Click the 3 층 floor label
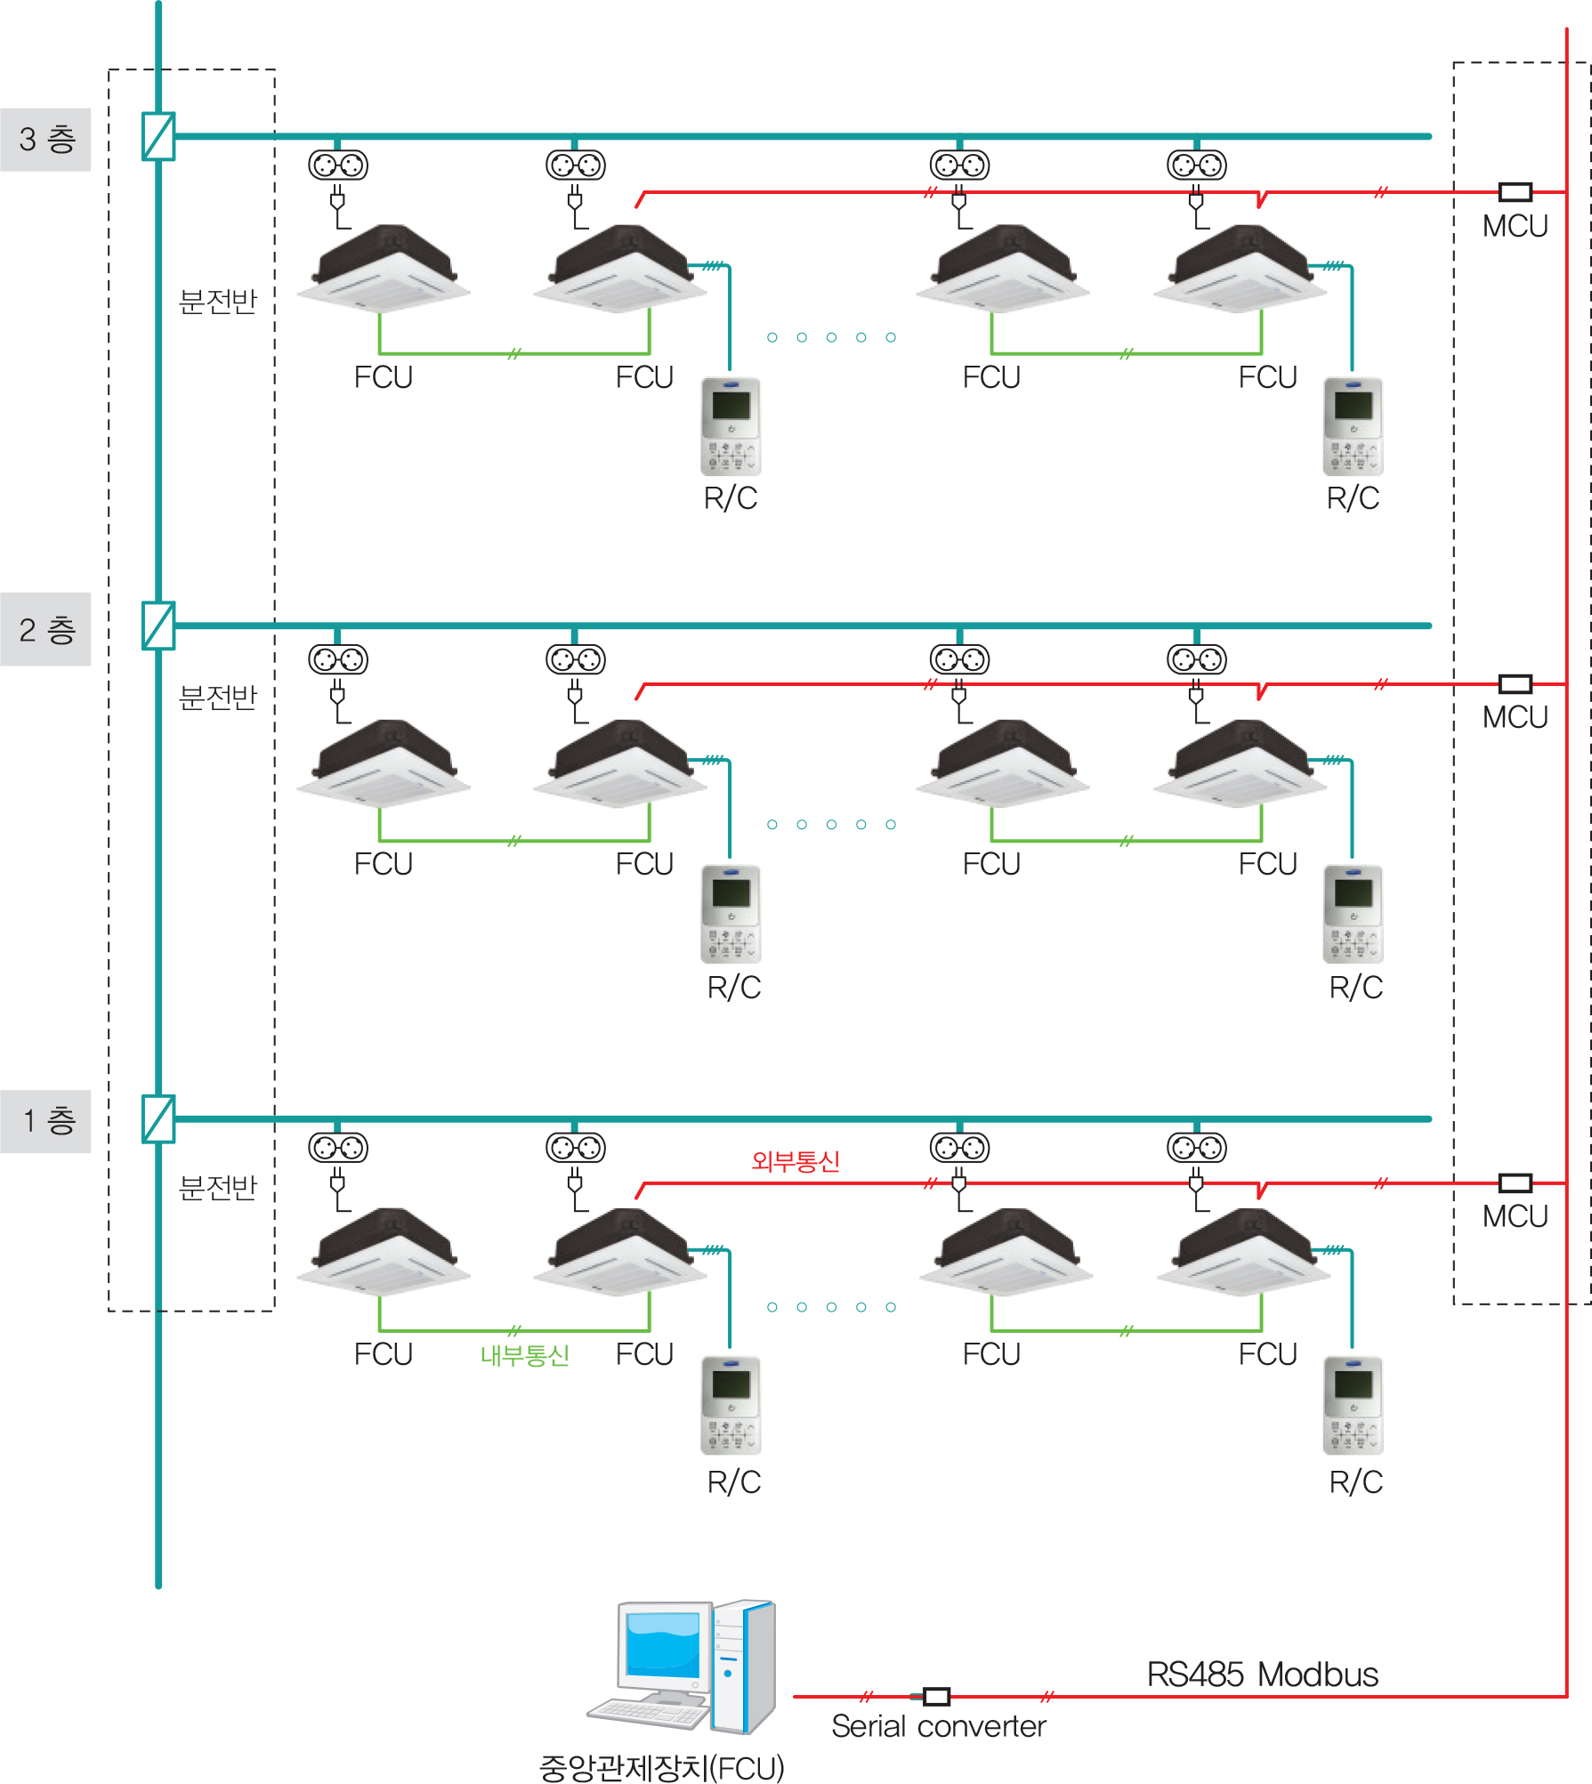[x=46, y=140]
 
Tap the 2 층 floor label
[x=46, y=630]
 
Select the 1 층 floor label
[x=46, y=1121]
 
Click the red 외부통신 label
[x=796, y=1161]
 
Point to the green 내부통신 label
[x=524, y=1355]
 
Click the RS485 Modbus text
[x=1262, y=1675]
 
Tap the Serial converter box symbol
[x=936, y=1696]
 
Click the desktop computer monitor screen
[x=662, y=1644]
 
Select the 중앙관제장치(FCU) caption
[x=661, y=1767]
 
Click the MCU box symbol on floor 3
[x=1515, y=192]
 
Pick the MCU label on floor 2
[x=1515, y=717]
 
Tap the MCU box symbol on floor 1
[x=1515, y=1183]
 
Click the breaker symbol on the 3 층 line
[x=158, y=136]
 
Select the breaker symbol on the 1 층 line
[x=158, y=1118]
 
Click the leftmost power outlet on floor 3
[x=338, y=165]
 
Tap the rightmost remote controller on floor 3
[x=1353, y=426]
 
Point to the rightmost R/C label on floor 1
[x=1355, y=1482]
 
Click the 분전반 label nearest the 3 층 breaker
[x=218, y=302]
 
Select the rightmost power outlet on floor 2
[x=1197, y=659]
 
